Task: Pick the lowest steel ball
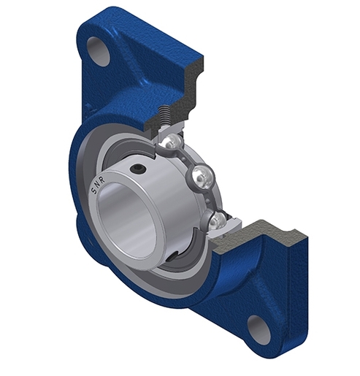pos(218,220)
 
